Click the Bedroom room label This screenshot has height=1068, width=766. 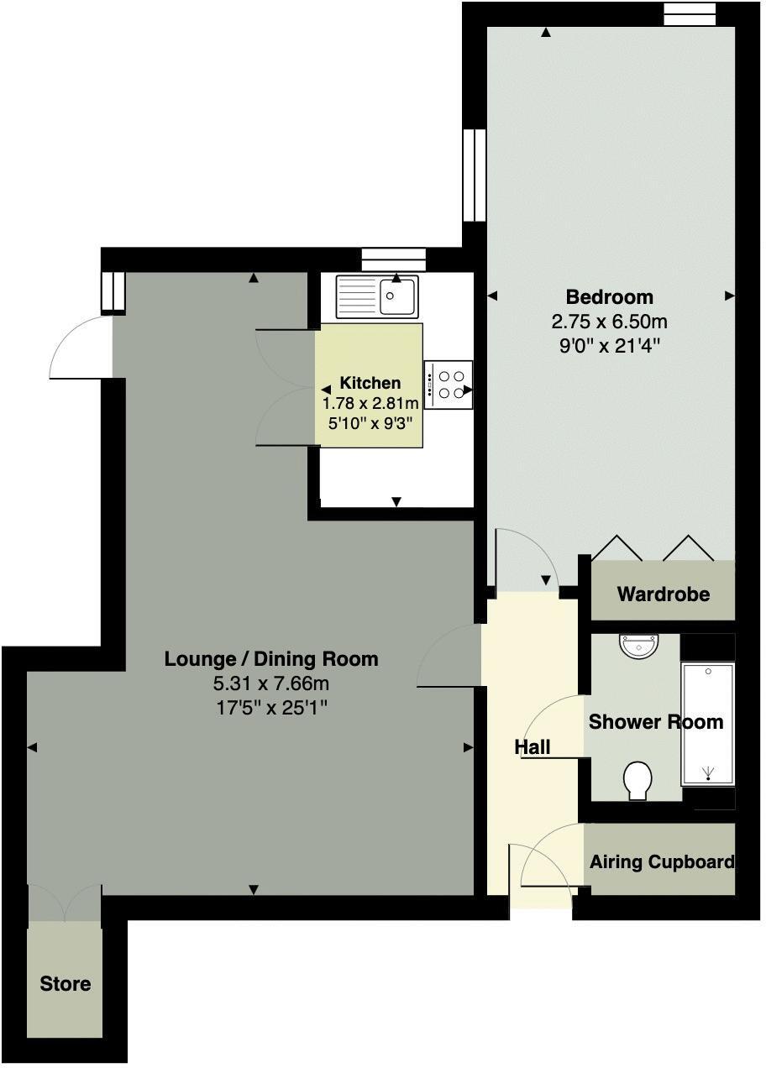pos(609,296)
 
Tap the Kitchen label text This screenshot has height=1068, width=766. pos(370,383)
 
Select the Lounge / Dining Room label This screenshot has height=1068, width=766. pos(270,659)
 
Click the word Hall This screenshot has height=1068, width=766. pos(533,746)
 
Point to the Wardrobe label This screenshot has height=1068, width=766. pos(663,594)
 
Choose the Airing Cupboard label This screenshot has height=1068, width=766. pos(661,862)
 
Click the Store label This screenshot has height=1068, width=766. pos(65,983)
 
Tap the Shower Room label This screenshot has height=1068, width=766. pos(655,722)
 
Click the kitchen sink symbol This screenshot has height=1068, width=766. pos(377,296)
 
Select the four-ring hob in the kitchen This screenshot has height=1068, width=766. pos(449,385)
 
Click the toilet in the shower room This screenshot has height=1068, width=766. pos(638,781)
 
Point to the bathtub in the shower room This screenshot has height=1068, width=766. pos(707,723)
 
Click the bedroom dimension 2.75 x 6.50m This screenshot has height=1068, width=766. pos(609,322)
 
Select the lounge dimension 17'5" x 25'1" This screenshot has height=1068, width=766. pos(270,708)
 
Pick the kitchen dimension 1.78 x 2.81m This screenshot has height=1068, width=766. pos(370,404)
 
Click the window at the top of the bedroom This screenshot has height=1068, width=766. pos(689,13)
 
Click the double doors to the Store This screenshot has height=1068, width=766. pos(65,903)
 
